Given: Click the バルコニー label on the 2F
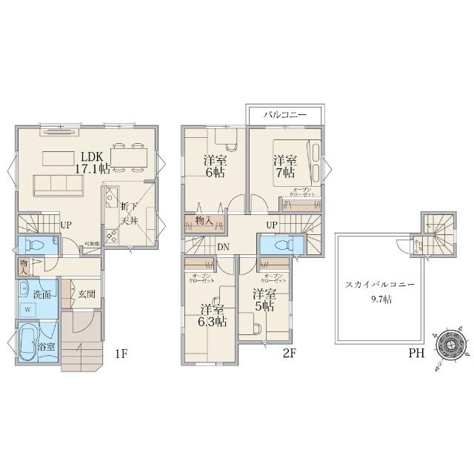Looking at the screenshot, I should click(285, 116).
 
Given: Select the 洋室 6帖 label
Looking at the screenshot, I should click(215, 166).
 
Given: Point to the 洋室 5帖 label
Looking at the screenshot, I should click(264, 300).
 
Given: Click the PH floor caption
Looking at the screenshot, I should click(416, 354).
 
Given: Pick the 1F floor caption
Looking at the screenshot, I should click(121, 354).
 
